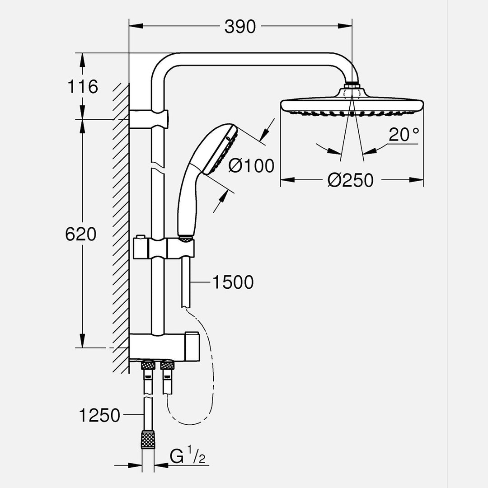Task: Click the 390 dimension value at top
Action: [x=240, y=27]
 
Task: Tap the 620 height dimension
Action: [x=81, y=234]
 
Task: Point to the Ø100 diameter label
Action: [x=251, y=166]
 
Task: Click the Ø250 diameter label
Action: [x=351, y=180]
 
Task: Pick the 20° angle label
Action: [x=404, y=135]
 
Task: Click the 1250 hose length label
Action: [x=99, y=415]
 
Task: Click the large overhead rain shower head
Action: [x=352, y=104]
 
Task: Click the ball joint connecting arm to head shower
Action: [x=352, y=85]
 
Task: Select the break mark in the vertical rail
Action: [x=157, y=166]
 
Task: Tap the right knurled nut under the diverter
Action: [x=167, y=365]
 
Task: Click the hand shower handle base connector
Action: [x=184, y=236]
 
